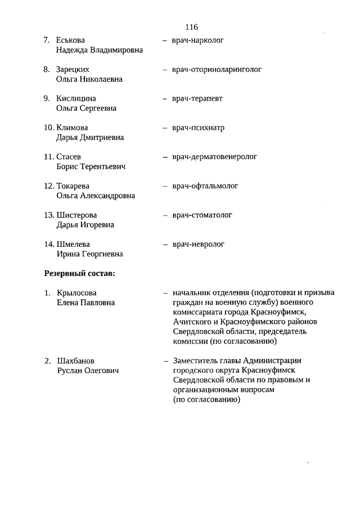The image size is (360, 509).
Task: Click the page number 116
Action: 191,26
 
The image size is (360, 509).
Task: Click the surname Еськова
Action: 70,40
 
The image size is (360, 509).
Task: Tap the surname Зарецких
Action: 72,69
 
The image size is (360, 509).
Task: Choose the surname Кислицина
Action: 76,98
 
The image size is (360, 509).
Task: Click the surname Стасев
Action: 69,157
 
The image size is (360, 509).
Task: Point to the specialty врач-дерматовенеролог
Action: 214,157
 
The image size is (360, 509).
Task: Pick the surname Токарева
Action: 73,186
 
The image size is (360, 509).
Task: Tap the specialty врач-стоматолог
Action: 202,215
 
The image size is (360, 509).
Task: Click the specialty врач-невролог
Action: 198,244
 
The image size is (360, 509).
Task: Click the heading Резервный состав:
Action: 80,274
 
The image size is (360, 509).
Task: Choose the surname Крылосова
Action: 76,293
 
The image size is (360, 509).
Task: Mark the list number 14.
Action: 48,244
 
